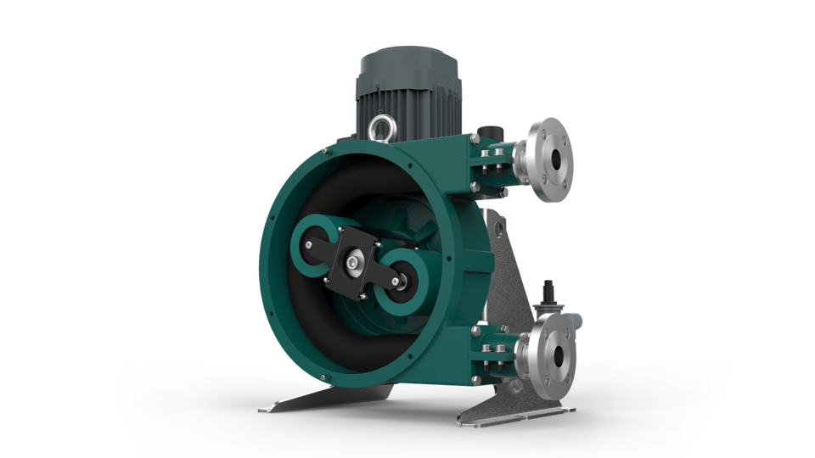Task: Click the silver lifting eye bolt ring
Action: (379, 128)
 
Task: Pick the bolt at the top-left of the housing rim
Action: (326, 152)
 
